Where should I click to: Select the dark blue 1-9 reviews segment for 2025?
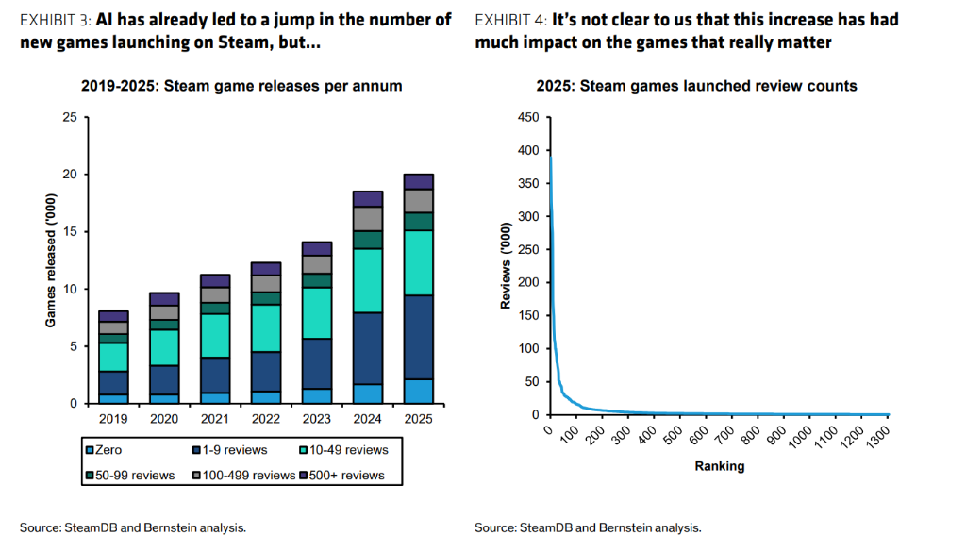418,337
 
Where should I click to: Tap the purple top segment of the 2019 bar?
113,316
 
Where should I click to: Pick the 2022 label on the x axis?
265,419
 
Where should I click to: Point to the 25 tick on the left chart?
70,117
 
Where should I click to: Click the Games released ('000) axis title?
51,260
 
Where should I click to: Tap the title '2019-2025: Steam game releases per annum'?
241,86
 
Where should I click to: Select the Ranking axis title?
719,466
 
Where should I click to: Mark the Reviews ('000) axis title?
506,266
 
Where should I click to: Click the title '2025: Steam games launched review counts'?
696,86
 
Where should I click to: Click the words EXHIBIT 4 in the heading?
510,20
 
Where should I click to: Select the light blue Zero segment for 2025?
418,391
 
